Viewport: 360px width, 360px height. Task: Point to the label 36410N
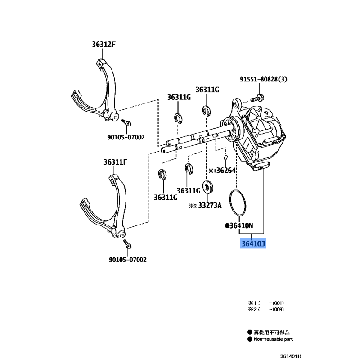pos(241,225)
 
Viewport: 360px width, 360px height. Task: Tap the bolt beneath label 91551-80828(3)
pos(257,97)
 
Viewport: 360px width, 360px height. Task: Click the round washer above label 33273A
pos(208,187)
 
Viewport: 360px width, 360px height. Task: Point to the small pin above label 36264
pos(226,158)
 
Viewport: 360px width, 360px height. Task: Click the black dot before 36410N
pos(227,225)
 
